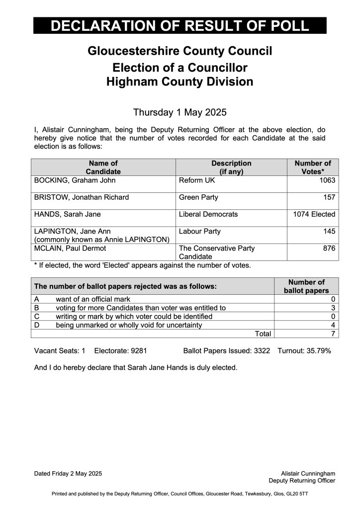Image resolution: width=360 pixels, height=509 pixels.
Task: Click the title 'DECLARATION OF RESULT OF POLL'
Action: click(x=180, y=26)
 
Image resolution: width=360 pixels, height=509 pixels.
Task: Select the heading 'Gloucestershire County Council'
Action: click(x=180, y=51)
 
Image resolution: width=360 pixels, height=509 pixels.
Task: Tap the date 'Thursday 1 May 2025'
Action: click(x=180, y=112)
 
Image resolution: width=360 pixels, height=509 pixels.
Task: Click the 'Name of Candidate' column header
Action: click(x=103, y=168)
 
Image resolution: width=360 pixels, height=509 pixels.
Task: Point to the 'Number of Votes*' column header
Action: click(x=313, y=168)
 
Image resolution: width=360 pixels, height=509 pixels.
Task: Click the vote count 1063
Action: click(x=327, y=180)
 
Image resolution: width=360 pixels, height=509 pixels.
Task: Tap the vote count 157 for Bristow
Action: click(x=329, y=197)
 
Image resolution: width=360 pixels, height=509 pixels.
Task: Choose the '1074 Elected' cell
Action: click(x=315, y=214)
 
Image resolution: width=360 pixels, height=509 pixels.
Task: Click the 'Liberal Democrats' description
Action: click(x=208, y=214)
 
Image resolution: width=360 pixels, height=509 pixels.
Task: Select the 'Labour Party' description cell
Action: click(x=200, y=231)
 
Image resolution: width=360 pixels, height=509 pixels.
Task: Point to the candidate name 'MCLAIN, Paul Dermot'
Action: click(x=68, y=248)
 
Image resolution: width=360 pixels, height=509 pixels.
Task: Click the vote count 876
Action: click(x=329, y=248)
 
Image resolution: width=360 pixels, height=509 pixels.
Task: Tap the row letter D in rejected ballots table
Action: click(x=37, y=325)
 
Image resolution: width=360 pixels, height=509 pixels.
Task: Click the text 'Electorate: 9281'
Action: click(x=120, y=351)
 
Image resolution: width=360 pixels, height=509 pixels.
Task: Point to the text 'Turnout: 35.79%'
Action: click(x=304, y=351)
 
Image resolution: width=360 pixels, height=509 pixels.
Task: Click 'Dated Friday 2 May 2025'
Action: click(x=68, y=474)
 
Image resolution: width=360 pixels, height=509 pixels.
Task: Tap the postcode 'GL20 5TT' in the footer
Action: click(x=296, y=494)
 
